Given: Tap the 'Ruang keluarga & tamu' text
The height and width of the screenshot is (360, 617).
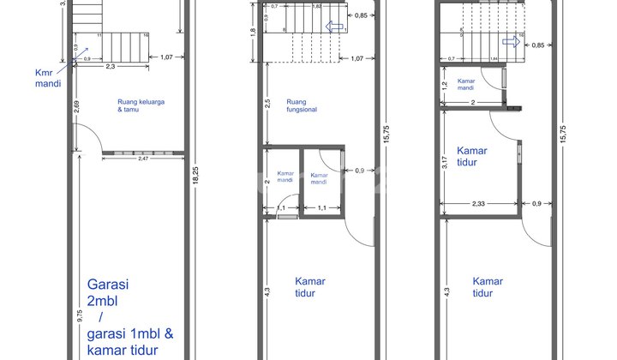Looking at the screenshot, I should point(141,105).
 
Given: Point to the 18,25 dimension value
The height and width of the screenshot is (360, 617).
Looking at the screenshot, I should point(199,181).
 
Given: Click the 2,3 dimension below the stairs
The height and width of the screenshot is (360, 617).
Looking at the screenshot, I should point(111,66).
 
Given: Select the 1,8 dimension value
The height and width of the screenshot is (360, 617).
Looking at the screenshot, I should point(252,33).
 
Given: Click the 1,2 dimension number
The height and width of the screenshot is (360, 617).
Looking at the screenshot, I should point(444,87).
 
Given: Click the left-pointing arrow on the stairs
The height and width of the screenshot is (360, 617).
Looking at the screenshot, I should point(336,26).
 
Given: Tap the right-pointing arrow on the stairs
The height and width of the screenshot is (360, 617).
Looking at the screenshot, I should point(512,39).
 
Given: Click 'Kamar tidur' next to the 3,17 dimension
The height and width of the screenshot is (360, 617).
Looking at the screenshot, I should point(472,156).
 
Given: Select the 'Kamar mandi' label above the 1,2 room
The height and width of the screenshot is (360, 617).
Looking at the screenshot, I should point(466,84).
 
